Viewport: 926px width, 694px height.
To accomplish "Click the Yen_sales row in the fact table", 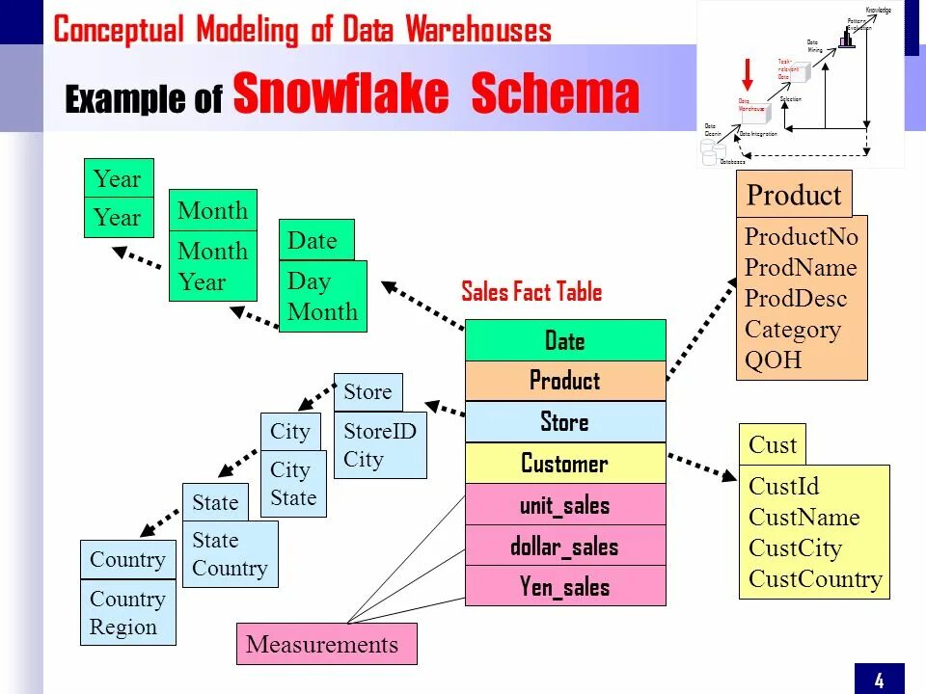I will pos(565,586).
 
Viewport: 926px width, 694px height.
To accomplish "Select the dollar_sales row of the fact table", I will pos(565,546).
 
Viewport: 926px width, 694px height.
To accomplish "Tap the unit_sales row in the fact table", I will pos(565,504).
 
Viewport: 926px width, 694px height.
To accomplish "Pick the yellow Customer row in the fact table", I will pos(565,463).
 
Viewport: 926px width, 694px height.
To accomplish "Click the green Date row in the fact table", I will pos(565,340).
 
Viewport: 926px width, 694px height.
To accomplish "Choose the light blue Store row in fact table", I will pos(565,421).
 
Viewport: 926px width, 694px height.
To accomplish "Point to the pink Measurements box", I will pos(326,644).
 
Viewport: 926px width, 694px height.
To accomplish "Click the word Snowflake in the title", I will pos(341,95).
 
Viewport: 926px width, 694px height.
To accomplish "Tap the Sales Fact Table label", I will pos(531,291).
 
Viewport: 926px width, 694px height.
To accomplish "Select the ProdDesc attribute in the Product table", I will pos(795,298).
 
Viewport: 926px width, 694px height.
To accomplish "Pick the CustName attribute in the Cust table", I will pos(803,517).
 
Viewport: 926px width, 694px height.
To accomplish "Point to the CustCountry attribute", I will pos(815,578).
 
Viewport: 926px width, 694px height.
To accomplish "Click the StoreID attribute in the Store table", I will pos(379,431).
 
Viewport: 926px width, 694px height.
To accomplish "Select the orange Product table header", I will pos(794,196).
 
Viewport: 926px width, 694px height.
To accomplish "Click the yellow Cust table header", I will pos(772,444).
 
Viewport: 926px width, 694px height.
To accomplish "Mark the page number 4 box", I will pos(879,680).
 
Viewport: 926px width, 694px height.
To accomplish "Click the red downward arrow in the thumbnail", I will pos(746,75).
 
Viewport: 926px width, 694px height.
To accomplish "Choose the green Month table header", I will pos(212,210).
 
